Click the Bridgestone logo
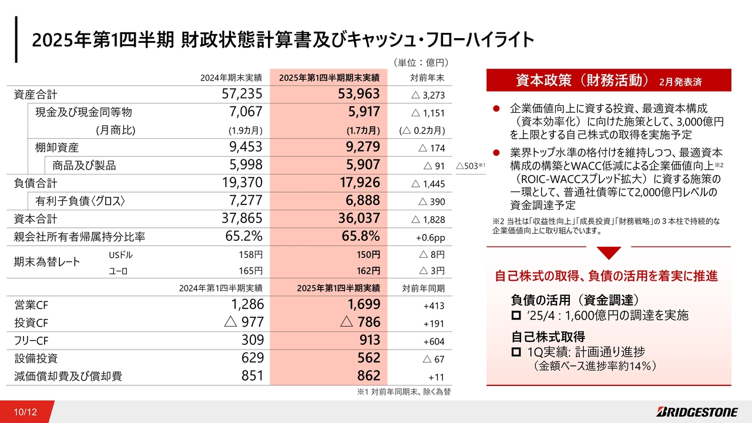(x=697, y=412)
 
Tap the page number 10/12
(x=25, y=412)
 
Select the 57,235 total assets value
(x=241, y=93)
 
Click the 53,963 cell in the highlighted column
(x=358, y=93)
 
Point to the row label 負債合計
(x=36, y=183)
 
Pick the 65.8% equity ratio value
(x=361, y=236)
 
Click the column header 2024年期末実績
(x=231, y=78)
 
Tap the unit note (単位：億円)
(x=421, y=62)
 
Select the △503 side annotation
(x=470, y=166)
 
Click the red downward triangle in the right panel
(x=609, y=253)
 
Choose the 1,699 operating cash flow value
(x=364, y=304)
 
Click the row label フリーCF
(x=31, y=341)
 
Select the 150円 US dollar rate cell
(x=368, y=255)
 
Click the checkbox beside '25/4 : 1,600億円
(x=516, y=315)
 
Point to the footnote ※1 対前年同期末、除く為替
(x=404, y=392)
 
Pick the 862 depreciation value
(x=368, y=375)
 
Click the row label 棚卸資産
(x=57, y=147)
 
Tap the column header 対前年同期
(x=424, y=288)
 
